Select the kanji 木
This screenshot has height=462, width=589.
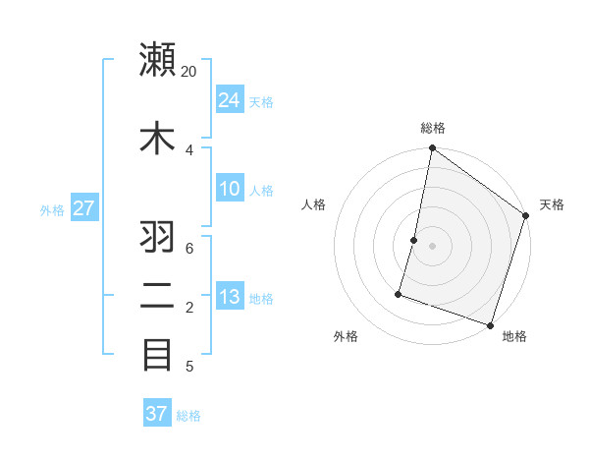pyautogui.click(x=158, y=137)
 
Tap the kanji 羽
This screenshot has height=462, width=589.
pyautogui.click(x=158, y=237)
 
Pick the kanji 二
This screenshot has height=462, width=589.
pyautogui.click(x=158, y=296)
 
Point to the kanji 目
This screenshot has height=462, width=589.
pyautogui.click(x=158, y=354)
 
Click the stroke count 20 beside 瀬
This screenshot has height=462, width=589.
pyautogui.click(x=189, y=72)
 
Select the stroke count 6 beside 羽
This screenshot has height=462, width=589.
pyautogui.click(x=189, y=248)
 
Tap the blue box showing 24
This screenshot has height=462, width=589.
pyautogui.click(x=230, y=99)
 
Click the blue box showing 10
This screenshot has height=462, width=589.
pyautogui.click(x=230, y=189)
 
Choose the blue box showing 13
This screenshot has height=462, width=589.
pyautogui.click(x=230, y=297)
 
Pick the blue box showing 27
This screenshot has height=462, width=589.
pyautogui.click(x=84, y=207)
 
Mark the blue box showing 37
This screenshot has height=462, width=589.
pyautogui.click(x=157, y=414)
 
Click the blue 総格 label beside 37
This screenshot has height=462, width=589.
pyautogui.click(x=188, y=416)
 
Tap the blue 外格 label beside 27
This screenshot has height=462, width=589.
pyautogui.click(x=52, y=209)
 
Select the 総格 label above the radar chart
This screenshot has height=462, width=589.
pyautogui.click(x=433, y=128)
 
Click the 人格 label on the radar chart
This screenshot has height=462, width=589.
pyautogui.click(x=314, y=204)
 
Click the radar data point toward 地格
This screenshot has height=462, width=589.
pyautogui.click(x=490, y=324)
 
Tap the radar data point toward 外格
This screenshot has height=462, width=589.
pyautogui.click(x=400, y=293)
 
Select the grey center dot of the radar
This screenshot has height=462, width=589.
pyautogui.click(x=432, y=246)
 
